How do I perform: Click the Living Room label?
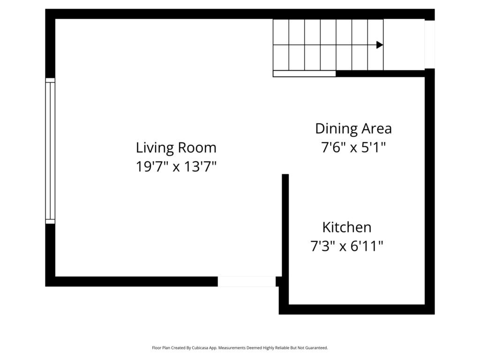point(176,148)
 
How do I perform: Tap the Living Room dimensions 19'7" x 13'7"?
point(176,167)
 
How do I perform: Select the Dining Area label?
point(353,129)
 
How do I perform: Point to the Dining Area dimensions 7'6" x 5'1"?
point(353,148)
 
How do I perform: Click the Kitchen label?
point(347,227)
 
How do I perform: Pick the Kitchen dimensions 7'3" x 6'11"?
point(347,246)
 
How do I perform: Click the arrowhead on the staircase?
point(380,45)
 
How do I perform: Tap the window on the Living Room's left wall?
point(50,151)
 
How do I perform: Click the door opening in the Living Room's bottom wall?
point(247,282)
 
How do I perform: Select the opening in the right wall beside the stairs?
point(429,45)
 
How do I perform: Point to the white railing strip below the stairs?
point(304,74)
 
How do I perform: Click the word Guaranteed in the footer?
point(318,348)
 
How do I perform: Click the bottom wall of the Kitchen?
point(357,309)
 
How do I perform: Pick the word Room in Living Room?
point(197,148)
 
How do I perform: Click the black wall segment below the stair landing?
point(381,74)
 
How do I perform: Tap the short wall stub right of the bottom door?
point(279,282)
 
